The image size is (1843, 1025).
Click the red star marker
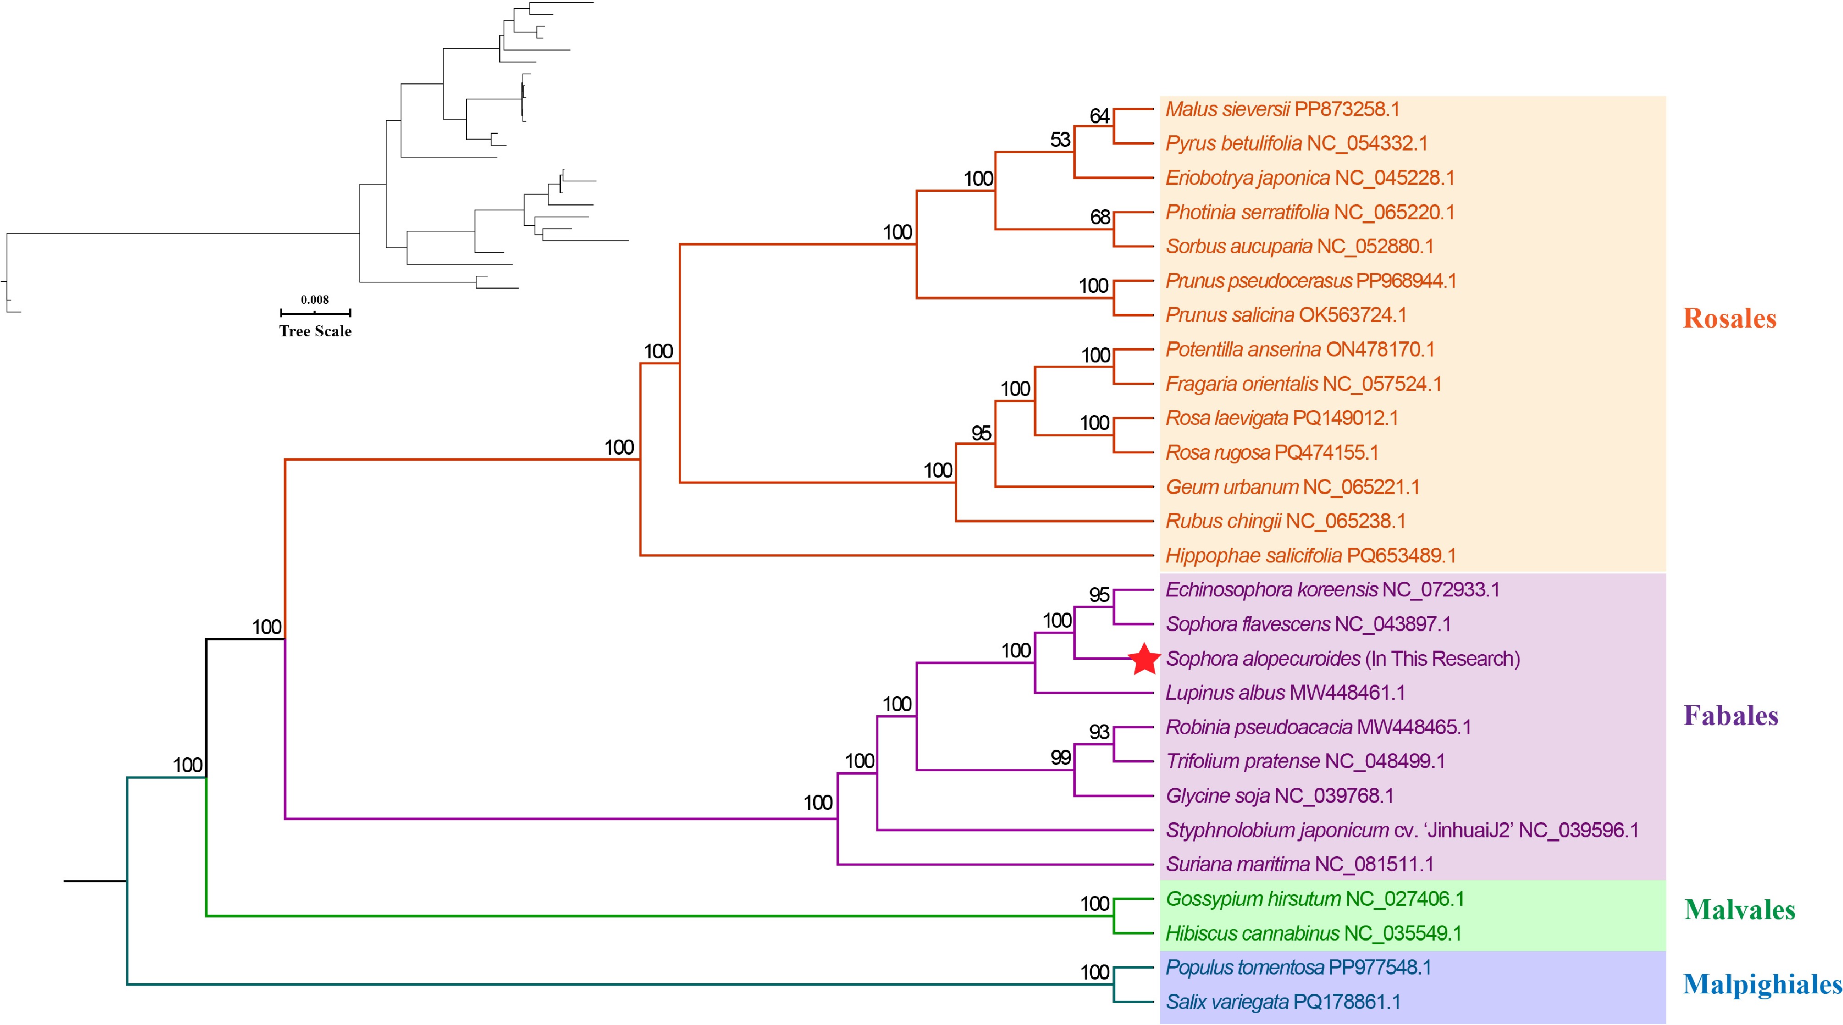(x=1145, y=659)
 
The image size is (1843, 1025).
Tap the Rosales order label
(x=1729, y=318)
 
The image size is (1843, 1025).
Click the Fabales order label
(x=1731, y=715)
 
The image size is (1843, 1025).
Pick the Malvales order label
(x=1739, y=910)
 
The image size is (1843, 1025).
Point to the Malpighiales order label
(x=1761, y=984)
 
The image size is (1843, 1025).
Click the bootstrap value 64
(x=1099, y=116)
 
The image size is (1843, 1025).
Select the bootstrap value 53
(x=1060, y=139)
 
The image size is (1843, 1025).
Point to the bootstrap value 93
(x=1099, y=732)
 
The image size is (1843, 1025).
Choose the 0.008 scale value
(x=315, y=300)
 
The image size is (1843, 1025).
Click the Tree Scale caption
(x=315, y=331)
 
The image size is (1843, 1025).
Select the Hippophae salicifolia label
(x=1310, y=555)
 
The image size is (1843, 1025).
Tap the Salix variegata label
(x=1283, y=1002)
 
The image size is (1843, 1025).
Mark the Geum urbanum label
(x=1292, y=487)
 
